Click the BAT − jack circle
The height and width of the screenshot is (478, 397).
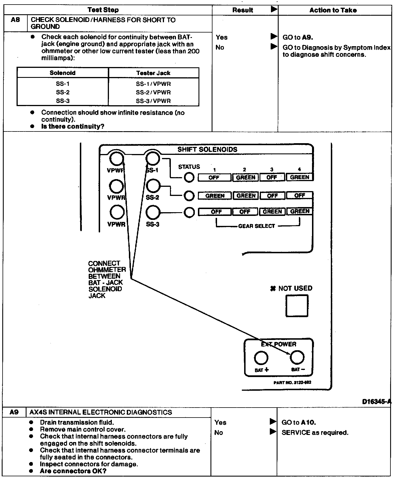point(297,357)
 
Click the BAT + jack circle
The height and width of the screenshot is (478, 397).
point(261,358)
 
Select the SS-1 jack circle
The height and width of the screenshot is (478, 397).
point(153,158)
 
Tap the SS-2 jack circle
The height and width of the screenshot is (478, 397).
point(153,186)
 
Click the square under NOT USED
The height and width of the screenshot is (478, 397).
point(297,306)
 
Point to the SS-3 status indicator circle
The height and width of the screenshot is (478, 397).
point(189,212)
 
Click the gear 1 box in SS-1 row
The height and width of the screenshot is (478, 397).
point(214,177)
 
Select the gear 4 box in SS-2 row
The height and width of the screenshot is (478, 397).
point(299,196)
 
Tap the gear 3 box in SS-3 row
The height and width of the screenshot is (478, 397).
point(272,212)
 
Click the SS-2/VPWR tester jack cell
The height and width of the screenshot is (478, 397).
point(153,92)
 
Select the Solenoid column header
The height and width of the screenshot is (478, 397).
point(62,73)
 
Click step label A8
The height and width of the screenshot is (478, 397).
point(15,20)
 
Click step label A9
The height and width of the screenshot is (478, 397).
point(14,412)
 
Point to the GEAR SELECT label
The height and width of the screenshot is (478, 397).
point(256,226)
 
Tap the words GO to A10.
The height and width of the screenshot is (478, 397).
point(299,422)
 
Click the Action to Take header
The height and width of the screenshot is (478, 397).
point(333,10)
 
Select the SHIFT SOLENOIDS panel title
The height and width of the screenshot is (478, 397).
point(207,149)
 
